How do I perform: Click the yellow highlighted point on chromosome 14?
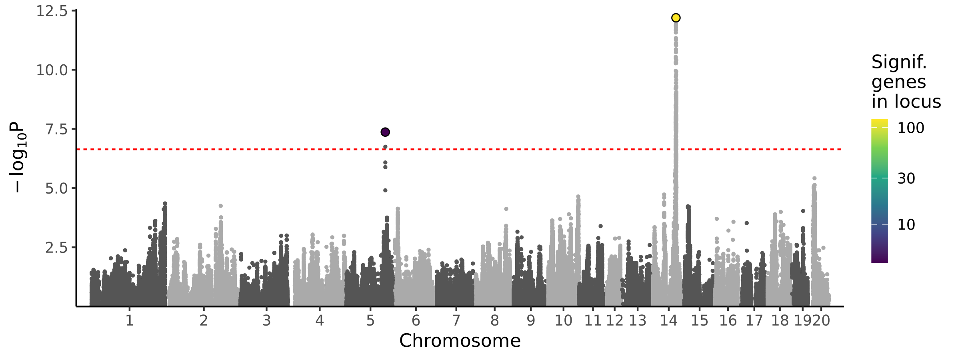(676, 18)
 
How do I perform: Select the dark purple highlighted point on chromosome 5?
(385, 132)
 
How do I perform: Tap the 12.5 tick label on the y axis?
(52, 11)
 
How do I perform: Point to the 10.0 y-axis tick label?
(52, 70)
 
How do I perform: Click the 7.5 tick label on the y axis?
(56, 130)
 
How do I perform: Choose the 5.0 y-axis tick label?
(56, 189)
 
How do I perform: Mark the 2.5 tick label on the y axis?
(56, 248)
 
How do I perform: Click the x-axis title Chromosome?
(460, 341)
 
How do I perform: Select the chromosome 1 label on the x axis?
(129, 321)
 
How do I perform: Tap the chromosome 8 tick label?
(495, 321)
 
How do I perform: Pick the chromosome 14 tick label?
(668, 321)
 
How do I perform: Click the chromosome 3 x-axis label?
(266, 321)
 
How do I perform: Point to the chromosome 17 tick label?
(754, 321)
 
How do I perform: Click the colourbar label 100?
(911, 128)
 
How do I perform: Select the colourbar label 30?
(906, 178)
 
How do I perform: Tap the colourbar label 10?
(906, 225)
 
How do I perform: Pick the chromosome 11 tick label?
(593, 321)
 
